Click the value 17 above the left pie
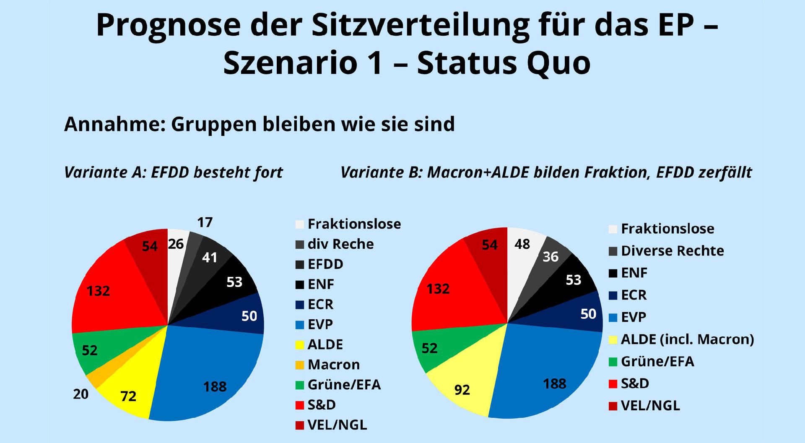tap(205, 222)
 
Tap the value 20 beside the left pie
tap(80, 394)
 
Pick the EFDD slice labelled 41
tap(209, 257)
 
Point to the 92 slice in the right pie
tap(462, 390)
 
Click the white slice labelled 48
tap(522, 244)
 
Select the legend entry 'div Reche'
tap(340, 244)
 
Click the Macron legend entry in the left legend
tap(333, 365)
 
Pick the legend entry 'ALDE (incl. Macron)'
tap(687, 339)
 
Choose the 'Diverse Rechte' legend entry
tap(672, 251)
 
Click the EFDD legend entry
tap(325, 264)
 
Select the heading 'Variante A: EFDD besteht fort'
tap(174, 172)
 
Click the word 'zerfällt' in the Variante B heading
tap(725, 172)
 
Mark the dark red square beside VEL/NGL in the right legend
tap(613, 406)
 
